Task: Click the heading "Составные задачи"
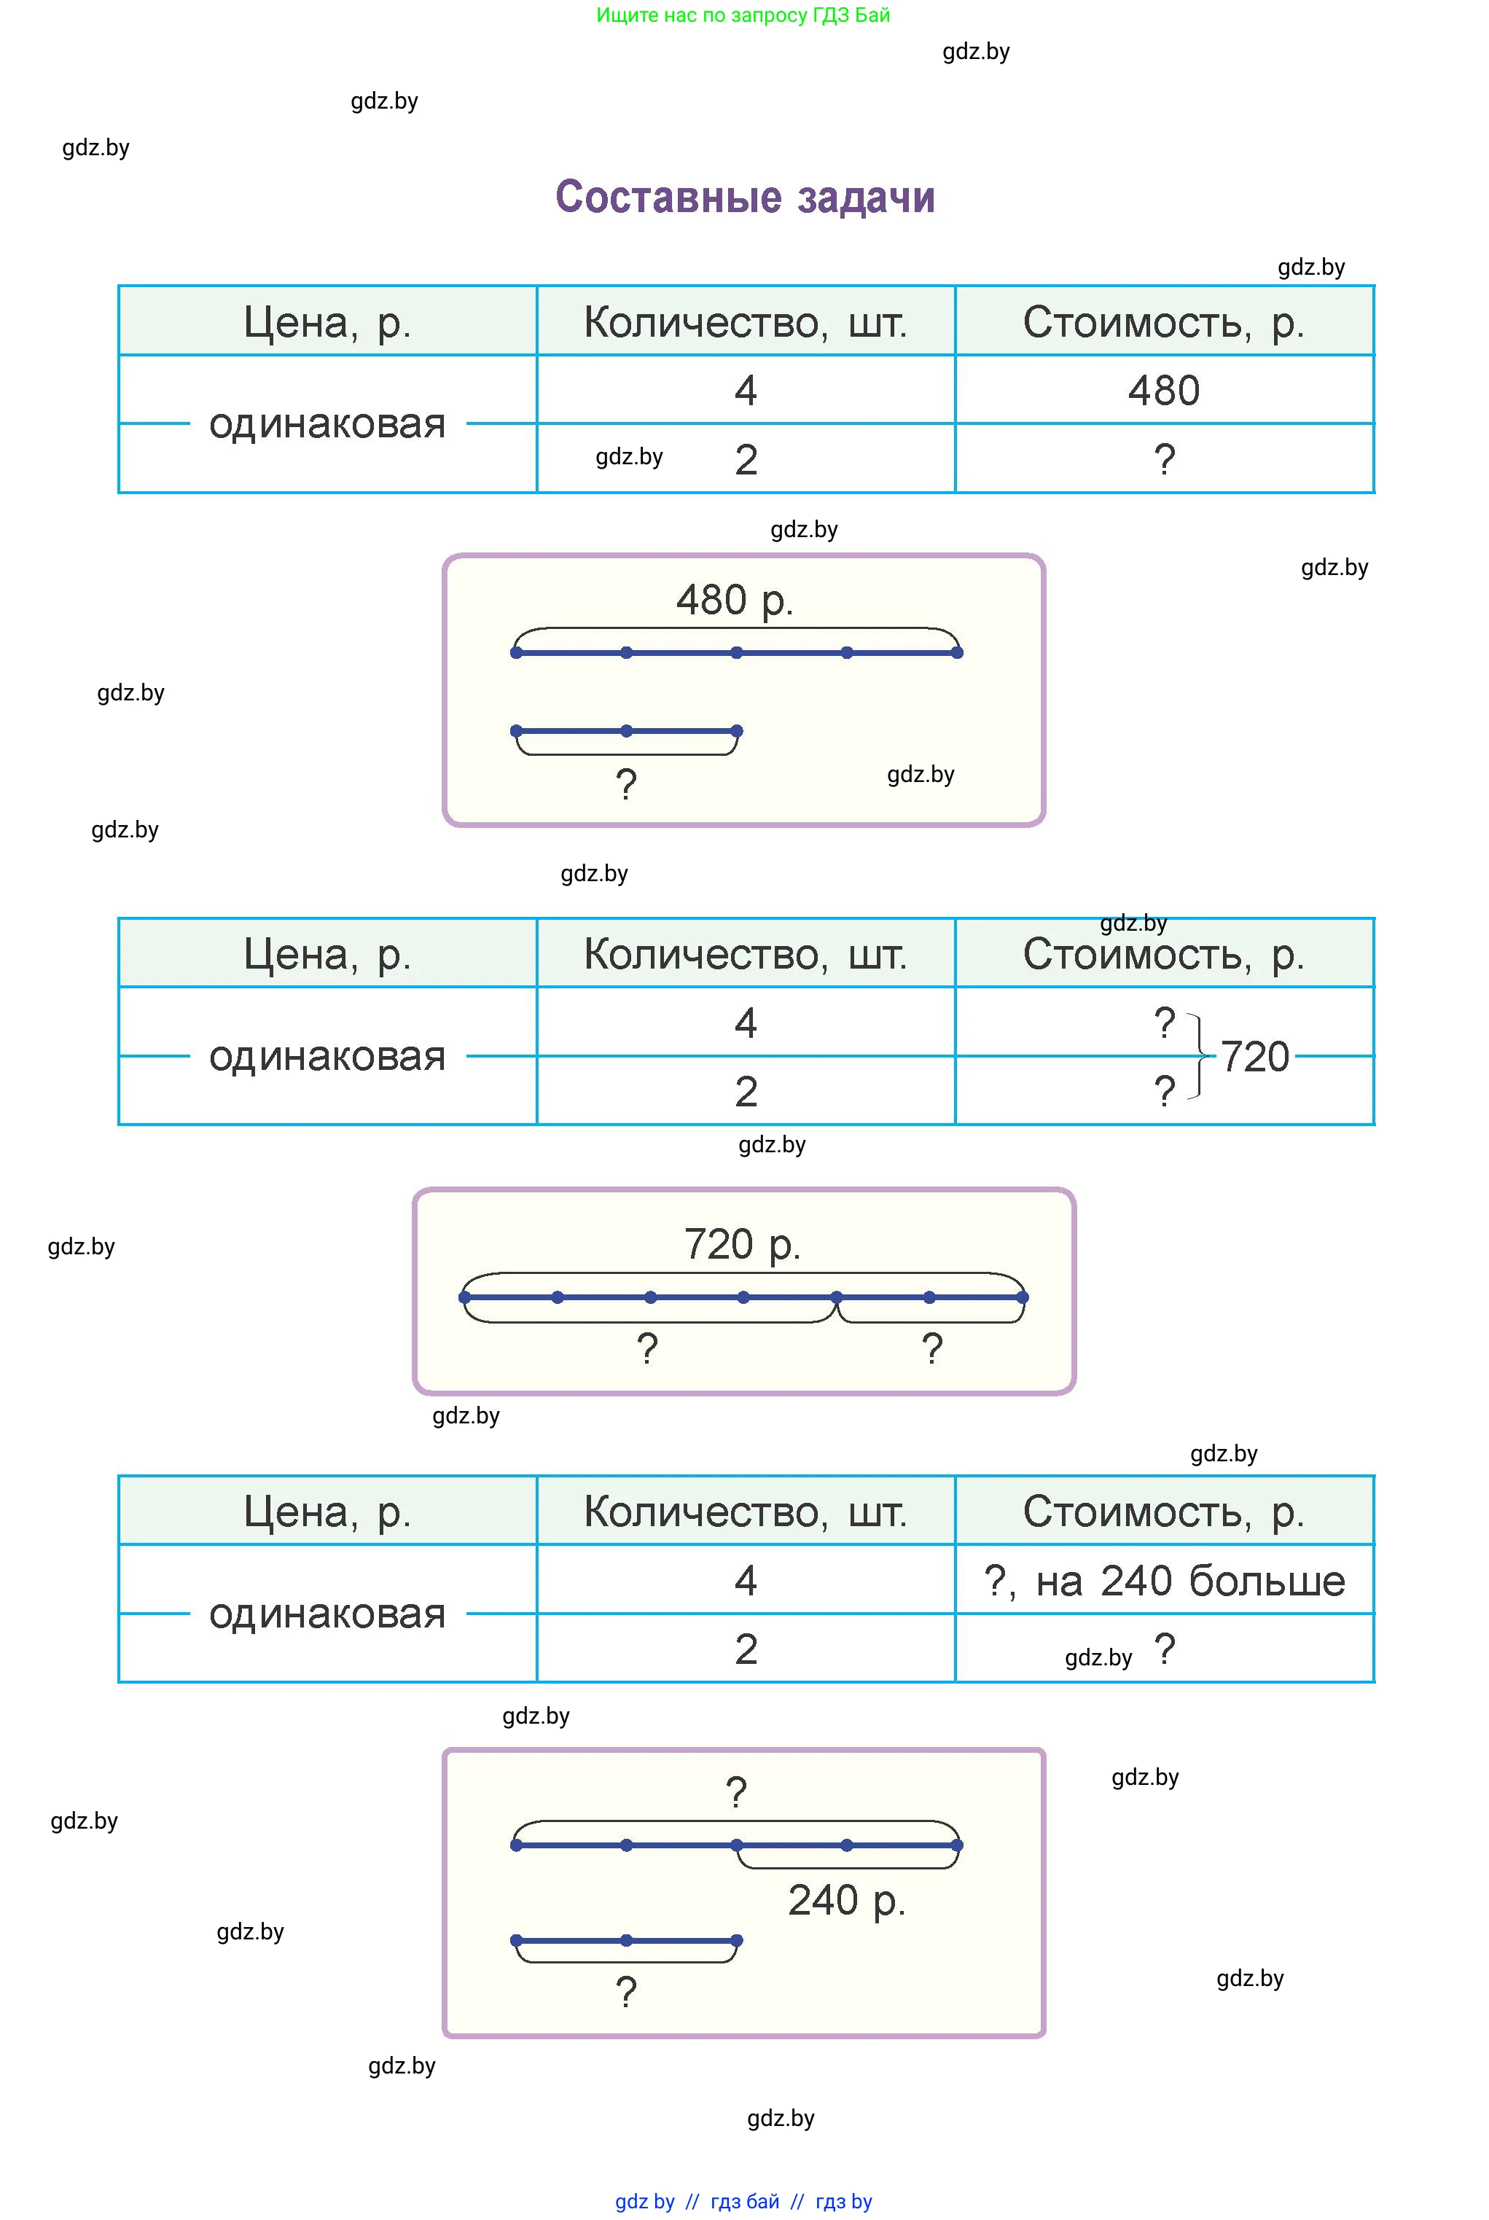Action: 745,198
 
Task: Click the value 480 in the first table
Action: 1163,390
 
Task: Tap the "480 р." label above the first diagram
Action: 734,600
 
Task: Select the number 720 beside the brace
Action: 1254,1057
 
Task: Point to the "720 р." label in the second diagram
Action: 742,1244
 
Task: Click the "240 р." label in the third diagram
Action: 846,1900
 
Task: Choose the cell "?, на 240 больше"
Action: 1163,1581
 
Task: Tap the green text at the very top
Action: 743,15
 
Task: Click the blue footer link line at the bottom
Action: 743,2201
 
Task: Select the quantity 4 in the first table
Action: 746,390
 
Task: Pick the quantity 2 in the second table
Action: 746,1092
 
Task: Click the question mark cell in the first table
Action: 1164,460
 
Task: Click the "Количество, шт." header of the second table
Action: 746,954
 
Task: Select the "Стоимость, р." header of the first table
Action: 1163,323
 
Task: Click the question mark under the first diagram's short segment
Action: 626,784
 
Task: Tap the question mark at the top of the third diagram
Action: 736,1793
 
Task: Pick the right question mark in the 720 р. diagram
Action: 931,1348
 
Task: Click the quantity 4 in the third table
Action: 746,1581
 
